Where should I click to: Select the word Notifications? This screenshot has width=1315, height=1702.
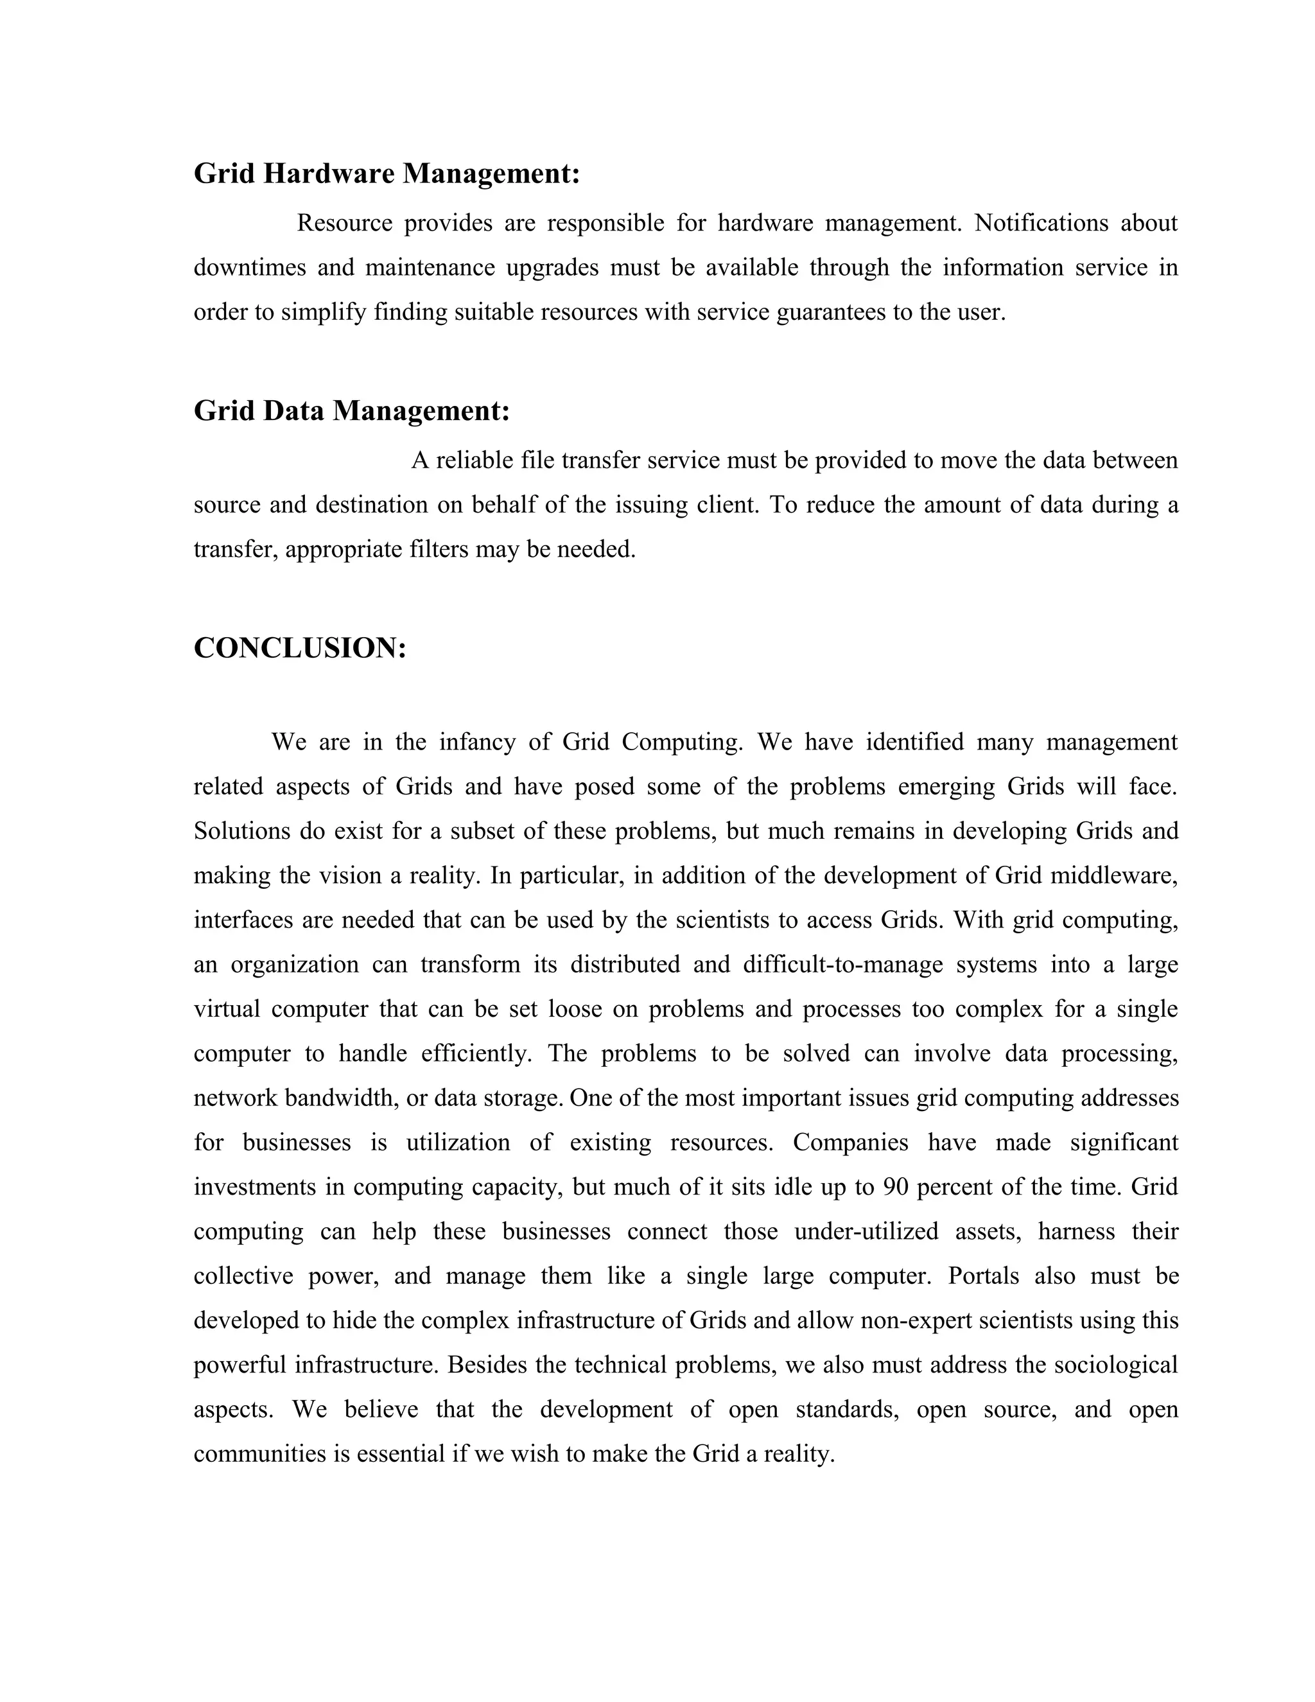[x=1041, y=224]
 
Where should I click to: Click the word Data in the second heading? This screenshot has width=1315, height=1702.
[x=293, y=410]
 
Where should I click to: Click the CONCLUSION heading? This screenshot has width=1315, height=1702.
[x=300, y=649]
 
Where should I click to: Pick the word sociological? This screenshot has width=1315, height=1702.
[x=1115, y=1365]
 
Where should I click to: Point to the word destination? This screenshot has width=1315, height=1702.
[x=372, y=505]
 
